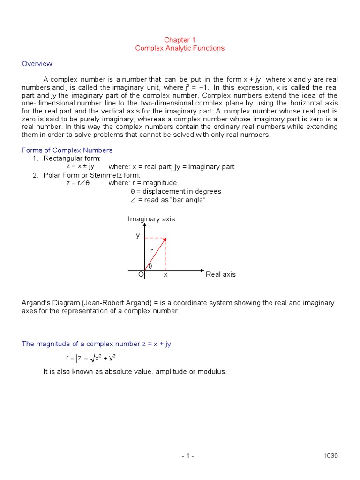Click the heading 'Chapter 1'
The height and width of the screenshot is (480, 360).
click(x=180, y=40)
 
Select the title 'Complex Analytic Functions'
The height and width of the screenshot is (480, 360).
click(x=180, y=48)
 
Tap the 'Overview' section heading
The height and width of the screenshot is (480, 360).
click(x=37, y=64)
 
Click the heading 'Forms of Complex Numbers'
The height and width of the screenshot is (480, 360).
click(x=67, y=150)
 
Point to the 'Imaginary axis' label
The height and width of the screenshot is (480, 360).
click(x=151, y=219)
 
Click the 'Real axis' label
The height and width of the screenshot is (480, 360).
click(x=221, y=274)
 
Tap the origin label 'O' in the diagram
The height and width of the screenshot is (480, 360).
click(x=141, y=275)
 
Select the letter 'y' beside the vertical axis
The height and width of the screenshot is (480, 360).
click(x=138, y=235)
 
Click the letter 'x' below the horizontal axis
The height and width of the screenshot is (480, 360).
click(x=165, y=275)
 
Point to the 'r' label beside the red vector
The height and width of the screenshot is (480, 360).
click(x=151, y=251)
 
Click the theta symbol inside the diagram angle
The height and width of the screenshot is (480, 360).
click(x=150, y=266)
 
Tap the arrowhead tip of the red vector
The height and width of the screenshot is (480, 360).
click(x=165, y=238)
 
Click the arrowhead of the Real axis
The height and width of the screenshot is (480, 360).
click(x=202, y=271)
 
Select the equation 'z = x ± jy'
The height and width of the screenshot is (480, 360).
click(x=81, y=166)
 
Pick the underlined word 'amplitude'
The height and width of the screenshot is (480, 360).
click(x=171, y=372)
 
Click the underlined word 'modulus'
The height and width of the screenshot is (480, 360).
click(x=212, y=372)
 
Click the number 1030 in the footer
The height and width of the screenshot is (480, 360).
click(x=330, y=456)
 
